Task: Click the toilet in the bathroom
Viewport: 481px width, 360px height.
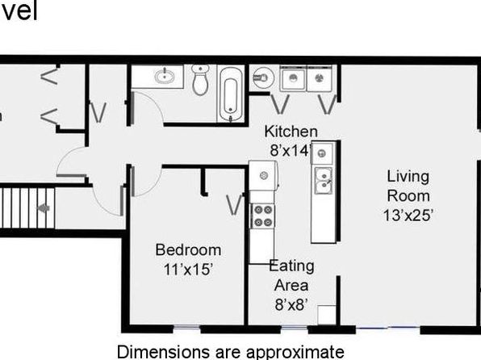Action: tap(200, 79)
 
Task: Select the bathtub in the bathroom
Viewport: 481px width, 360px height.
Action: tap(231, 94)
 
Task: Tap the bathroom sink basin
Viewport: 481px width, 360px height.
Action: tap(165, 76)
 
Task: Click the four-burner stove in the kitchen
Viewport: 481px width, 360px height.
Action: tap(263, 216)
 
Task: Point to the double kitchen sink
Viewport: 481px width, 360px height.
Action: tap(323, 181)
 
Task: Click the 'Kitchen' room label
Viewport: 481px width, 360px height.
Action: tap(291, 132)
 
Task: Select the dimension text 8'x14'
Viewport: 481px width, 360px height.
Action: tap(291, 150)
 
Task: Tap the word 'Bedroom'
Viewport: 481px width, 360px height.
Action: tap(188, 250)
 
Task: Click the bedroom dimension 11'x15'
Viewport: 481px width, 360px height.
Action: tap(188, 270)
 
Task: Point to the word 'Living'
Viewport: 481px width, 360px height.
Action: tap(408, 177)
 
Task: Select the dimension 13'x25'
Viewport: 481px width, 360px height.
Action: tap(408, 216)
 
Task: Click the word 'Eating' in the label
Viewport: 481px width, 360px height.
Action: tap(291, 266)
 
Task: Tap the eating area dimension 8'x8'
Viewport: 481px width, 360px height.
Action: tap(291, 305)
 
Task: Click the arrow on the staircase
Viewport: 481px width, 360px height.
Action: tap(44, 208)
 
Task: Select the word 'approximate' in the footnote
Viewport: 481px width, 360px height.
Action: tap(295, 352)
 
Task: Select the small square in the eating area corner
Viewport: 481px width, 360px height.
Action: tap(326, 315)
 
